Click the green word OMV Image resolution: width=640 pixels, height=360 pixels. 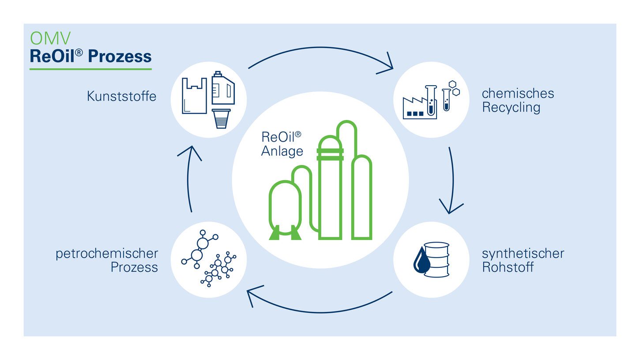pos(50,38)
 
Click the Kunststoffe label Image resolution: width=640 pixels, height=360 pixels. pos(121,96)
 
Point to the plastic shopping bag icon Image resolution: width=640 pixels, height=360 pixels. pos(194,95)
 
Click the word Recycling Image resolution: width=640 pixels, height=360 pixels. pos(511,108)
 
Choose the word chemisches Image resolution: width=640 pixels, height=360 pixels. pos(518,94)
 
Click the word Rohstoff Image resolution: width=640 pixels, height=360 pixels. pos(508,267)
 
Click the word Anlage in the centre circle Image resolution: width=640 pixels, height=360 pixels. pos(282,151)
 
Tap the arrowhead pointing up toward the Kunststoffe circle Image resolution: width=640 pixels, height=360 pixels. pos(190,152)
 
